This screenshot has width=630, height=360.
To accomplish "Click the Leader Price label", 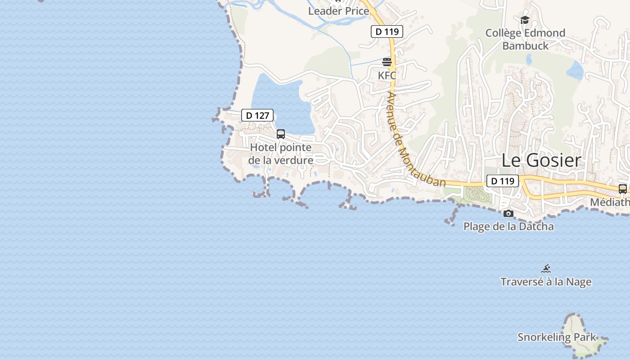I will click(x=338, y=11).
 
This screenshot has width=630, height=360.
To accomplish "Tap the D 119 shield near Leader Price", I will click(x=387, y=31).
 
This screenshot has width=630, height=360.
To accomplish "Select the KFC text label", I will click(x=387, y=75).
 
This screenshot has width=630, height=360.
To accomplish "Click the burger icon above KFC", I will click(x=387, y=62).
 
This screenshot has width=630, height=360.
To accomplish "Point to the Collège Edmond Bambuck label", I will click(x=525, y=39).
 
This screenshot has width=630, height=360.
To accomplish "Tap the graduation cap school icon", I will click(x=525, y=20).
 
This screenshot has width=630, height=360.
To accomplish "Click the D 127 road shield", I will click(x=257, y=116).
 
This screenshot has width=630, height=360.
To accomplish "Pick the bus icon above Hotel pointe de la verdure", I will click(x=281, y=134).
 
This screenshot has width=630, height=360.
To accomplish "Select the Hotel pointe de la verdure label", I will click(x=281, y=154).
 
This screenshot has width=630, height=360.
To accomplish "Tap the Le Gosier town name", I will click(x=541, y=160).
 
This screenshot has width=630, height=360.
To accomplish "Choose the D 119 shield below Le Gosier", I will click(x=502, y=181).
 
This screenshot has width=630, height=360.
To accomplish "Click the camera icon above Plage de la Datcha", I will click(x=508, y=213).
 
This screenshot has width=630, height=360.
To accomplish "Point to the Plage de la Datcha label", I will click(x=508, y=226).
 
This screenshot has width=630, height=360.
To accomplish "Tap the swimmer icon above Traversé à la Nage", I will click(x=546, y=269).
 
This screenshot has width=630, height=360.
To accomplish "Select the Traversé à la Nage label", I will click(x=546, y=282).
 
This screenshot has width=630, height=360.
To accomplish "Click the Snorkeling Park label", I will click(x=556, y=337).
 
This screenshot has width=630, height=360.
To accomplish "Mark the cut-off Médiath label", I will click(x=610, y=202).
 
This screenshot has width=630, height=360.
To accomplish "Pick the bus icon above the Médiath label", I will click(x=623, y=189).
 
